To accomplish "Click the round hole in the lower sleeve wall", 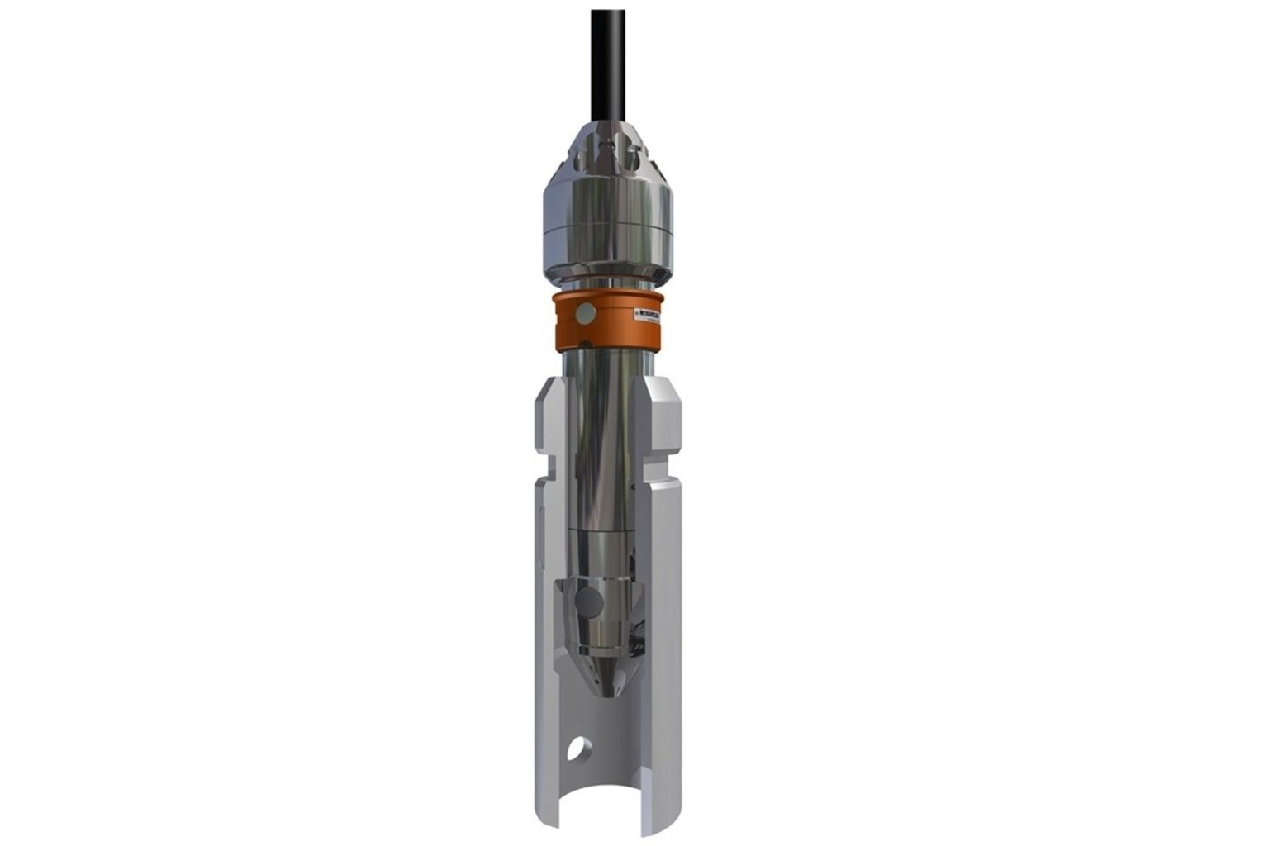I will click(581, 749).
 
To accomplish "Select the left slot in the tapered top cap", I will click(583, 154).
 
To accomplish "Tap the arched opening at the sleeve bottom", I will click(601, 818).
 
